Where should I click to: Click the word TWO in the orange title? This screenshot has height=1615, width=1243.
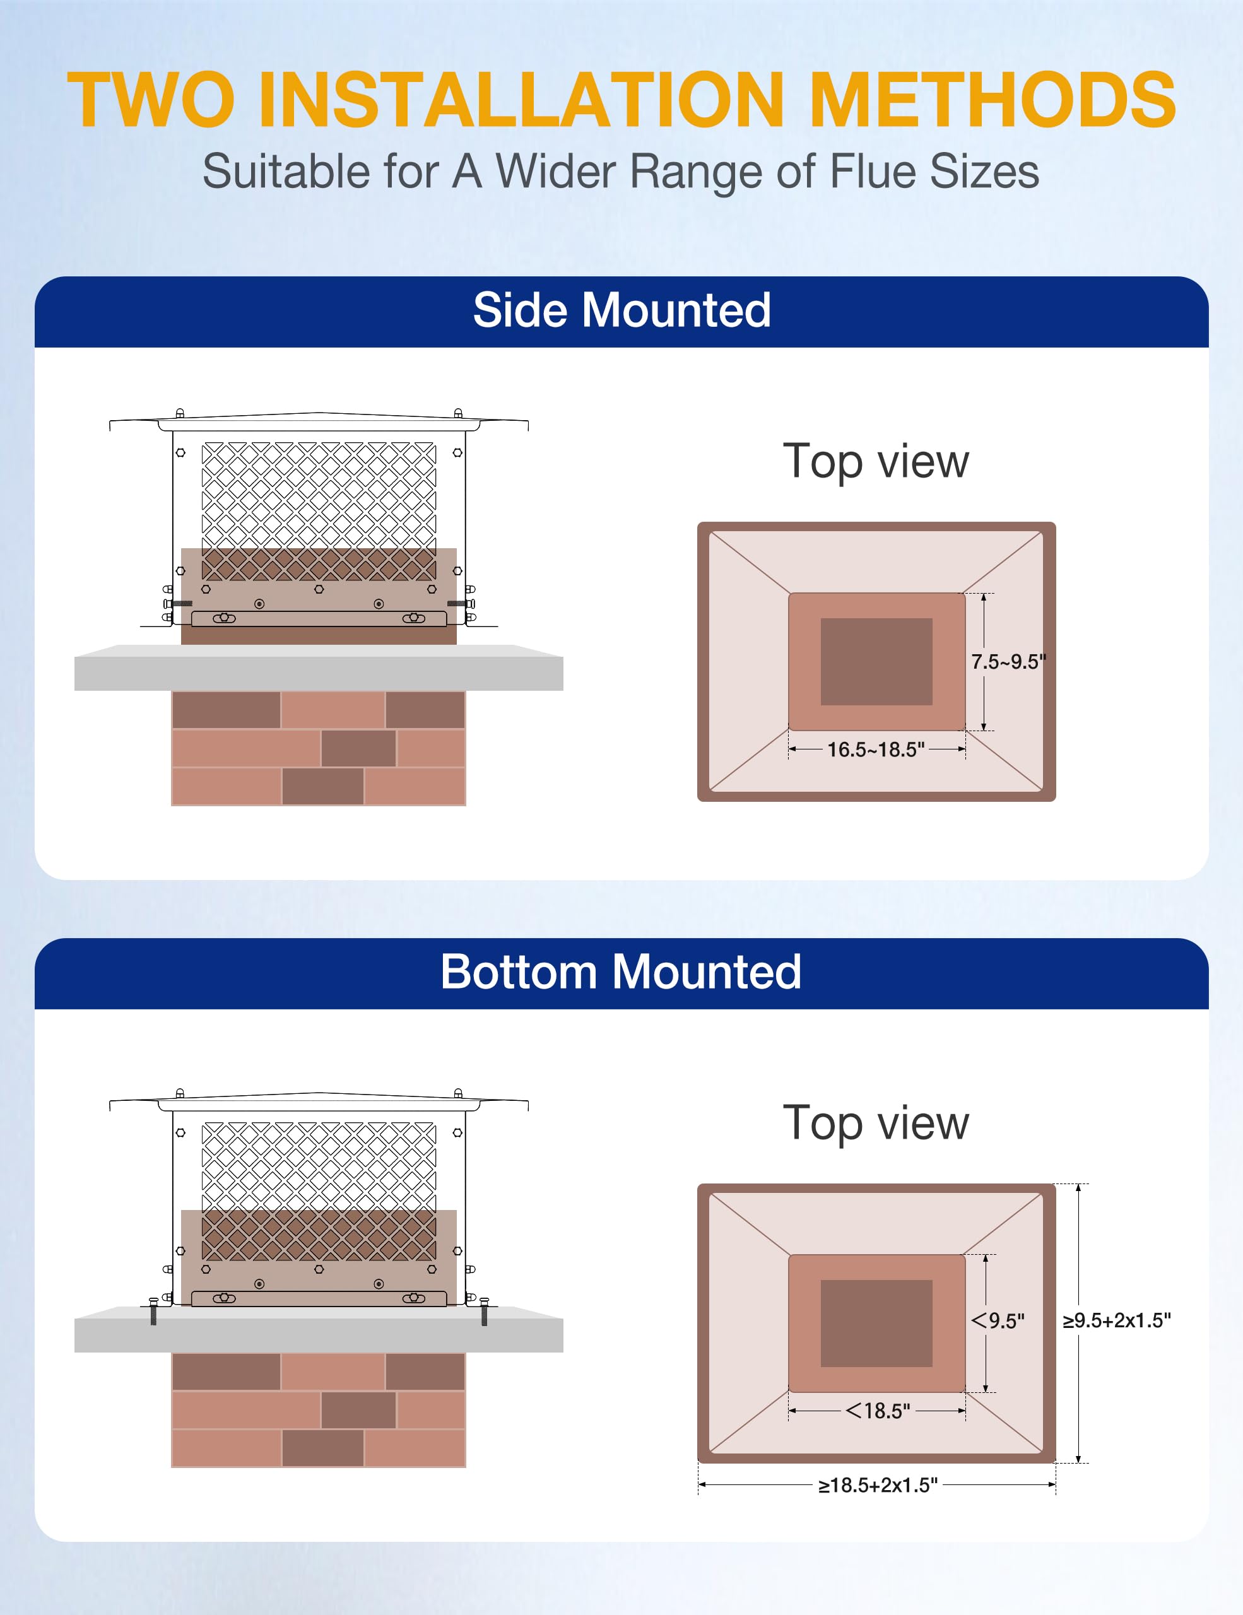coord(151,100)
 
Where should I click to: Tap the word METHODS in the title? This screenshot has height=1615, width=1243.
coord(992,100)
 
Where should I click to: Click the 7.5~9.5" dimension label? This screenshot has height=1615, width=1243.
coord(1008,662)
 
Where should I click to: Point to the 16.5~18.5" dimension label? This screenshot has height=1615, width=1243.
coord(876,750)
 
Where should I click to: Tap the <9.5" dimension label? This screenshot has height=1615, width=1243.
coord(998,1320)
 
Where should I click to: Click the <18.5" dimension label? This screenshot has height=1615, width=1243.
coord(878,1411)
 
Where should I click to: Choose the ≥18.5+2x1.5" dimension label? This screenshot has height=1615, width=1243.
coord(877,1485)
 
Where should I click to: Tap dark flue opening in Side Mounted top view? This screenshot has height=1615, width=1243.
coord(876,661)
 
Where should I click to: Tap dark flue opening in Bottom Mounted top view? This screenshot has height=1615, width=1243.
coord(876,1323)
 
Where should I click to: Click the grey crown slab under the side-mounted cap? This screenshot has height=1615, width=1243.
coord(318,673)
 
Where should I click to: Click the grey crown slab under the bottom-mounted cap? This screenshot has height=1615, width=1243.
coord(318,1335)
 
